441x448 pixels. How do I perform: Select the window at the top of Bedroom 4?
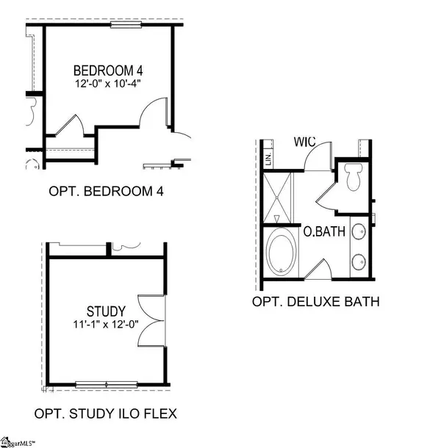[126, 25]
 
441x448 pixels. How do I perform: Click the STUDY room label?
[107, 311]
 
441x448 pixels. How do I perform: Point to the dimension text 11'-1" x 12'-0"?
[107, 323]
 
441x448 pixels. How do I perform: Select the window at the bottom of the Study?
[107, 384]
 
